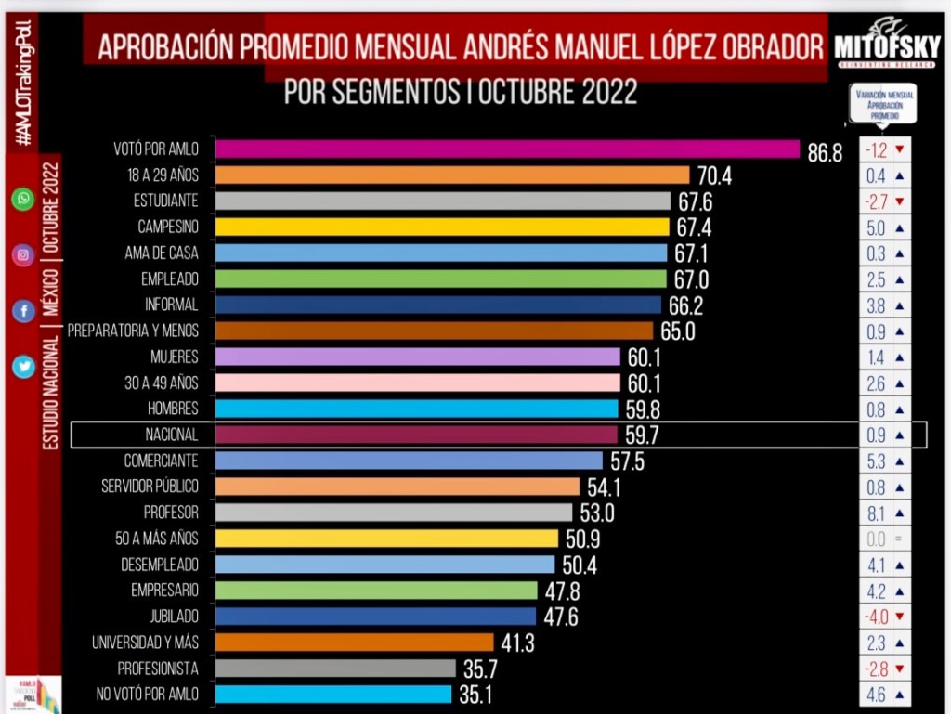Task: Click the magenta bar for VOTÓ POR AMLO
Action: pyautogui.click(x=507, y=149)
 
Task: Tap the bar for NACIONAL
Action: pyautogui.click(x=416, y=435)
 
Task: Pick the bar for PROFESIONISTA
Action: pyautogui.click(x=335, y=668)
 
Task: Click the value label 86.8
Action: pyautogui.click(x=825, y=153)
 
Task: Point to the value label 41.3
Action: pyautogui.click(x=516, y=643)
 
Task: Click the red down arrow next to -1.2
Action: pyautogui.click(x=899, y=149)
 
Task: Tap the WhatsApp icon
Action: pyautogui.click(x=22, y=199)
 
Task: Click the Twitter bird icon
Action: pyautogui.click(x=22, y=368)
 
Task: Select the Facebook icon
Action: pyautogui.click(x=22, y=312)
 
